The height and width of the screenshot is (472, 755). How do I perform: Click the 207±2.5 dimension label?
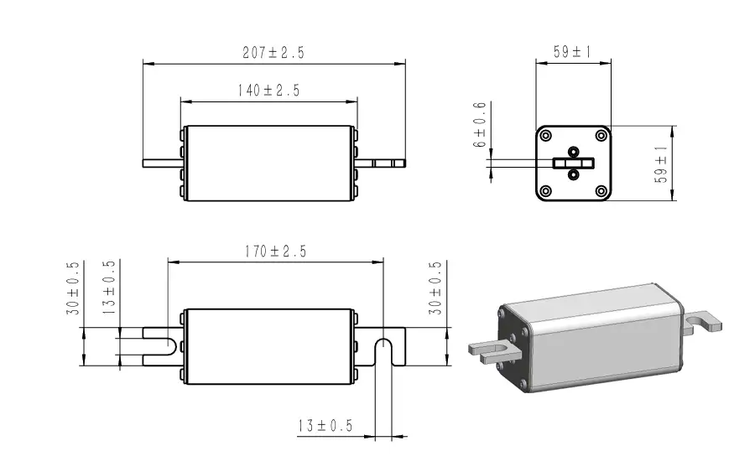point(273,52)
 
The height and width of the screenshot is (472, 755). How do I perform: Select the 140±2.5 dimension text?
point(268,91)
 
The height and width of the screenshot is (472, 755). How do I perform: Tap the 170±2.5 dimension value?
point(275,251)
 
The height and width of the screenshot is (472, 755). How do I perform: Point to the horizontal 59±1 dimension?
point(573,52)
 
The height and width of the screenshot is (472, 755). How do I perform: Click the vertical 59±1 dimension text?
point(662,163)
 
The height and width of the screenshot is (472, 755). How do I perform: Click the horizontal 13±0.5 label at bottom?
point(325,426)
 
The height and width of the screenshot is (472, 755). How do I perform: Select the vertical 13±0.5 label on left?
point(109,288)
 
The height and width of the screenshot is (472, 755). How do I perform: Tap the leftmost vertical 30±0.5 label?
point(73,288)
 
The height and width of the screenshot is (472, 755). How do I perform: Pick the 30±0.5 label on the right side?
point(435,288)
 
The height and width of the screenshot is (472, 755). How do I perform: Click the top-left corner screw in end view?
point(546,136)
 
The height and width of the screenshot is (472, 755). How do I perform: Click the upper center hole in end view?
point(574,152)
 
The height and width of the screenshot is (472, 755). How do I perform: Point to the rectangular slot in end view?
point(574,163)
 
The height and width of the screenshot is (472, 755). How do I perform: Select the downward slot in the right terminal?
point(383,352)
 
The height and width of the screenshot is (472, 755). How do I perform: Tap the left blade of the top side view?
point(161,163)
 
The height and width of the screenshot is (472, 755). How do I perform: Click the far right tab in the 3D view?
point(703,322)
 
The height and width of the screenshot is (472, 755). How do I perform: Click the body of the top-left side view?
point(268,163)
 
